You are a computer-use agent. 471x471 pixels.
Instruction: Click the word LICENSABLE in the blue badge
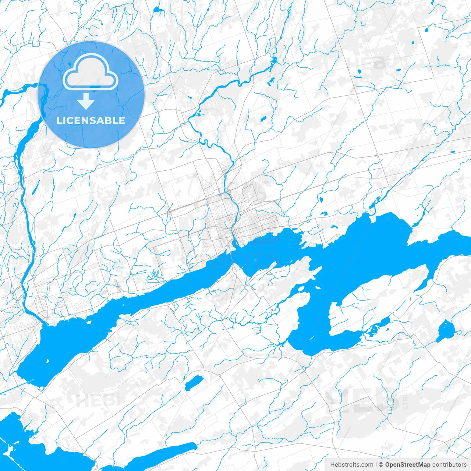coord(91,121)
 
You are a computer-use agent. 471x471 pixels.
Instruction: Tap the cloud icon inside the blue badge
coord(91,72)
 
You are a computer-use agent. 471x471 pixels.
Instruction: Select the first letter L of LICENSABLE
coord(59,121)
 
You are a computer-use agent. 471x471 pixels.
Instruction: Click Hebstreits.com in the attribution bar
coord(351,465)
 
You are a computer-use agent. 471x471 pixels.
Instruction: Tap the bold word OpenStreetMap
coord(408,465)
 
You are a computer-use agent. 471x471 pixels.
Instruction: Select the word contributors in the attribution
coord(449,465)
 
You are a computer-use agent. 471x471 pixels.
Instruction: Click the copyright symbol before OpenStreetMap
coord(381,465)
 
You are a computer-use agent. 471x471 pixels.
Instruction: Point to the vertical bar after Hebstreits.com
coord(376,465)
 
